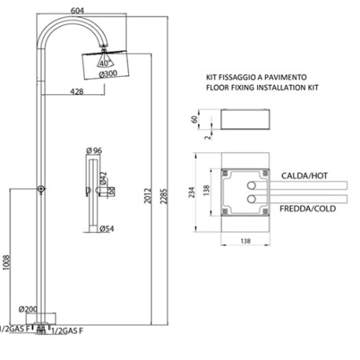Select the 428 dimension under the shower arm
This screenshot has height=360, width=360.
[x=75, y=92]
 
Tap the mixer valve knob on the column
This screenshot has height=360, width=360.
[x=40, y=189]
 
